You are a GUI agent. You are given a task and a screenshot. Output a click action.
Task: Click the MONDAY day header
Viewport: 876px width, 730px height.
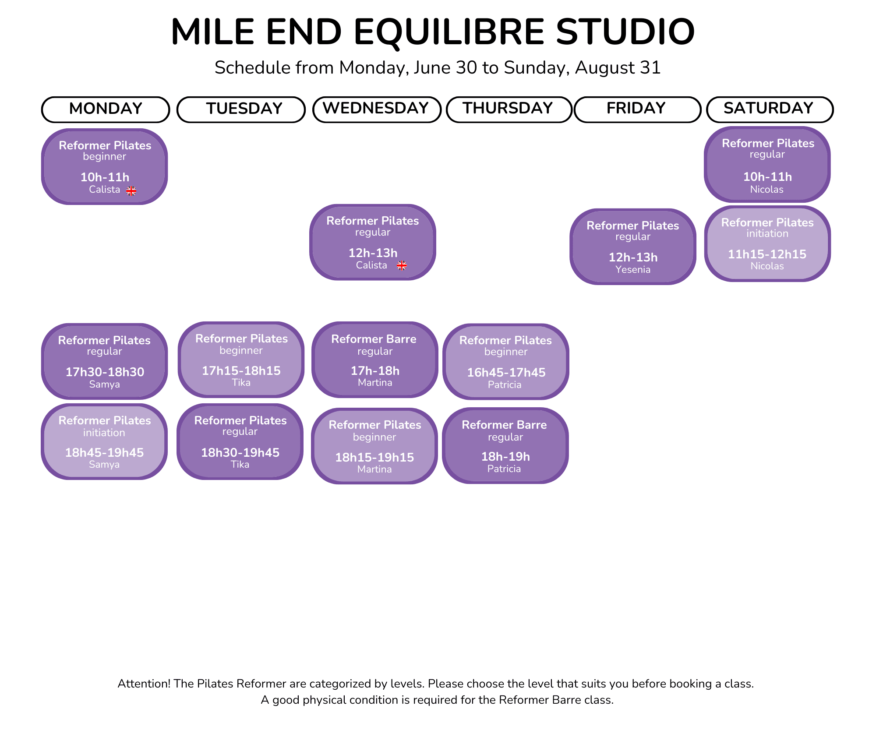[x=106, y=109]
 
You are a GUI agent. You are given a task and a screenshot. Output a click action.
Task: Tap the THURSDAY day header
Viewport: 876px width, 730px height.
[x=509, y=109]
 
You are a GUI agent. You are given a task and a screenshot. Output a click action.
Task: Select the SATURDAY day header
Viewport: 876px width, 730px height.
[x=770, y=109]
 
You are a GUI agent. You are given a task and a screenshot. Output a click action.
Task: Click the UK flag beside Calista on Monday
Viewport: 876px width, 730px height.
[x=131, y=191]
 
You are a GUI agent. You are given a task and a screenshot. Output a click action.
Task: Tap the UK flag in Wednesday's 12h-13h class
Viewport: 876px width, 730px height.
[x=402, y=265]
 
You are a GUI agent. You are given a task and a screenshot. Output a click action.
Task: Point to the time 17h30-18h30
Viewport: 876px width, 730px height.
[x=105, y=372]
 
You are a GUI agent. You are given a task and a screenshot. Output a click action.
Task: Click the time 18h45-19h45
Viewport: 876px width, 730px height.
[x=104, y=453]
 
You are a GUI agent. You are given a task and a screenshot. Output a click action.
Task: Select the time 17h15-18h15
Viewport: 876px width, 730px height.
[x=241, y=371]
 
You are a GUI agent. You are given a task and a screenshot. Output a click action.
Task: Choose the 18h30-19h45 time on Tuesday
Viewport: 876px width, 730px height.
[x=240, y=453]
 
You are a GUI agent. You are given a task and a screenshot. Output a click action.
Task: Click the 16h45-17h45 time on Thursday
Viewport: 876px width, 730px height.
[x=506, y=373]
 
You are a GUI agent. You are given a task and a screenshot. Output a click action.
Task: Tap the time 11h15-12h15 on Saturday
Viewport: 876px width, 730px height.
[x=767, y=254]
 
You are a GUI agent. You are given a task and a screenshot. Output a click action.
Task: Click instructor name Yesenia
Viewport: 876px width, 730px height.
[x=633, y=270]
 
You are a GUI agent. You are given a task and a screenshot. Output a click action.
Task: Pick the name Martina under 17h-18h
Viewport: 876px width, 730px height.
[x=375, y=383]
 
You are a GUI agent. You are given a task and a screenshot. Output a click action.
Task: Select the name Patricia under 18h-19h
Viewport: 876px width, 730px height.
[x=504, y=469]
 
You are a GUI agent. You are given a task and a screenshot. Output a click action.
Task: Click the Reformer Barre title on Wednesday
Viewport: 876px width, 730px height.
[x=374, y=339]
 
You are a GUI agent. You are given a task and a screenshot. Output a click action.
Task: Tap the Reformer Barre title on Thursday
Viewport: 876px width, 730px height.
[x=504, y=425]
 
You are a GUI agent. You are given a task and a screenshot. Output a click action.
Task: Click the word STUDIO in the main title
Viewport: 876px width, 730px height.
[x=625, y=32]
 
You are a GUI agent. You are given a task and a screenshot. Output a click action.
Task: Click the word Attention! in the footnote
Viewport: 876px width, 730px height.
[x=144, y=684]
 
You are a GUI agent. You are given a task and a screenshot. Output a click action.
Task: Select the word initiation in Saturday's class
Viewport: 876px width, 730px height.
[x=767, y=234]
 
